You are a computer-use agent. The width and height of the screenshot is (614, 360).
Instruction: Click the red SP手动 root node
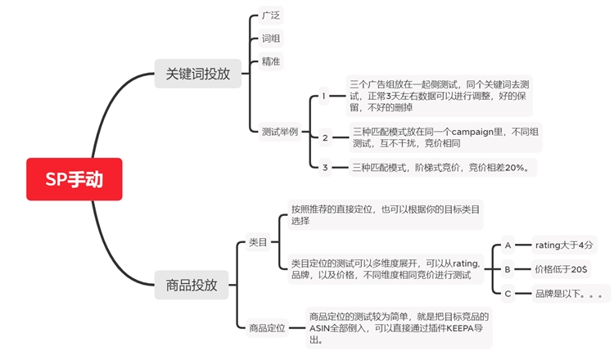click(x=74, y=179)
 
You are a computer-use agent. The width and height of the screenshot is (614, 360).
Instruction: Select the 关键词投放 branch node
click(x=197, y=74)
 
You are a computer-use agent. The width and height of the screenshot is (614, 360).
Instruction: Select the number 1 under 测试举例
click(x=324, y=97)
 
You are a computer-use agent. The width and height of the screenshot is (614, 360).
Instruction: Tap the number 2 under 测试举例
click(x=325, y=137)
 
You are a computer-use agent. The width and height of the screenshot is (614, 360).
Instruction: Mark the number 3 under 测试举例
click(x=325, y=167)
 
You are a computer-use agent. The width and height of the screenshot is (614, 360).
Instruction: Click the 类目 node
click(x=258, y=242)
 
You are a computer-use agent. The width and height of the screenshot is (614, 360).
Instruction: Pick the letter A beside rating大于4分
click(x=508, y=245)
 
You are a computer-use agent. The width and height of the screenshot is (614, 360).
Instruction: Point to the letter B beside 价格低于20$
click(x=508, y=268)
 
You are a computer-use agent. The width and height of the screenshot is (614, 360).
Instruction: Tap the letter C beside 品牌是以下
click(x=508, y=293)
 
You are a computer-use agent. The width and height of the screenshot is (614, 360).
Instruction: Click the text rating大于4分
click(x=566, y=245)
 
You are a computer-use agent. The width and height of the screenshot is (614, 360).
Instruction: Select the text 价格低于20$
click(x=561, y=268)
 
